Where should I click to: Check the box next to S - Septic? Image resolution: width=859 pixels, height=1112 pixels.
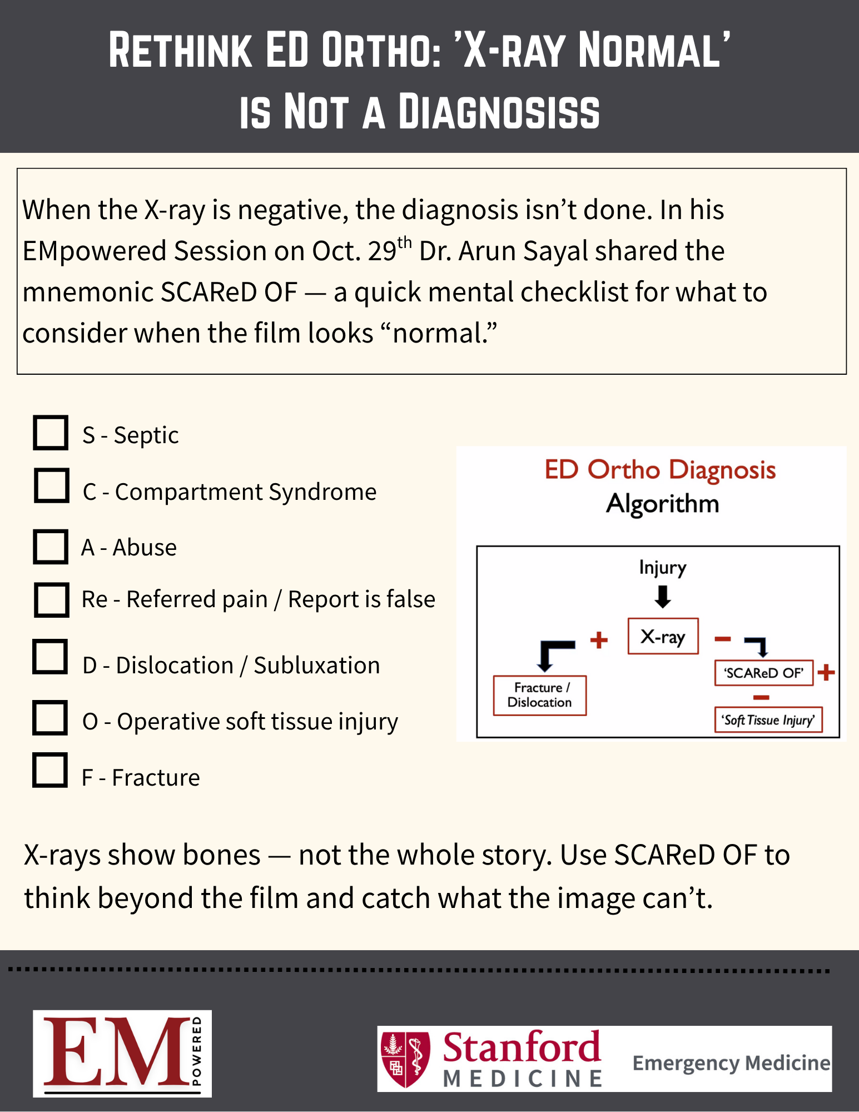click(x=51, y=433)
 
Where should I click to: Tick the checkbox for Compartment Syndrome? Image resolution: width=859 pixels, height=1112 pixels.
click(x=51, y=485)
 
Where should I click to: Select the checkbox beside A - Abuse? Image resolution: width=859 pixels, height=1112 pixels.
click(x=51, y=547)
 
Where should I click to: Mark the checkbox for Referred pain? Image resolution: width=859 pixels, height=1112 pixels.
click(x=51, y=600)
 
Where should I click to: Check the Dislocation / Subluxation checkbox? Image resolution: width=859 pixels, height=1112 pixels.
click(x=50, y=657)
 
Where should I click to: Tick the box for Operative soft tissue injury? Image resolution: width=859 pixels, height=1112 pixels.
click(x=50, y=718)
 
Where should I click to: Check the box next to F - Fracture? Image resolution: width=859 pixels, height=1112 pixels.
click(x=50, y=771)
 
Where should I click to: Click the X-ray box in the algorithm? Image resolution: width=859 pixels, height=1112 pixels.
click(x=663, y=637)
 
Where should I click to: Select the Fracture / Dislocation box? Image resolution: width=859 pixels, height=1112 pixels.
click(x=539, y=695)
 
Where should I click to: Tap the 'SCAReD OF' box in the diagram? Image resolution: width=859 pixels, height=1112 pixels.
click(x=764, y=673)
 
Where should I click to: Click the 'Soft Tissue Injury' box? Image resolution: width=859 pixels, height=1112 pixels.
click(x=768, y=720)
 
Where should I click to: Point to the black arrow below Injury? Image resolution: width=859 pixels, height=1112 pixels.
click(x=663, y=597)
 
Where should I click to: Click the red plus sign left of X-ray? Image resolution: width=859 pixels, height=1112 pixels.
click(x=599, y=640)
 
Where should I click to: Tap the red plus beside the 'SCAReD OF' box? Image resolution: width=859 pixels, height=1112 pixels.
click(x=827, y=672)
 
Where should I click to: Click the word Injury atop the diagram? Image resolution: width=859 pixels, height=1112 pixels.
click(x=663, y=568)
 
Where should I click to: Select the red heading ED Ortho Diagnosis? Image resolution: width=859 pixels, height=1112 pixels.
click(x=660, y=470)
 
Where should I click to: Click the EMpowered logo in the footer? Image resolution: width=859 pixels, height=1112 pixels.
click(x=122, y=1053)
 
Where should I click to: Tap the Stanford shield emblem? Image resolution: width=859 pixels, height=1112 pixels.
click(x=405, y=1059)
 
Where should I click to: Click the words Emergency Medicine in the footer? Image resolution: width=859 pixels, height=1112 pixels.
click(x=731, y=1063)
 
